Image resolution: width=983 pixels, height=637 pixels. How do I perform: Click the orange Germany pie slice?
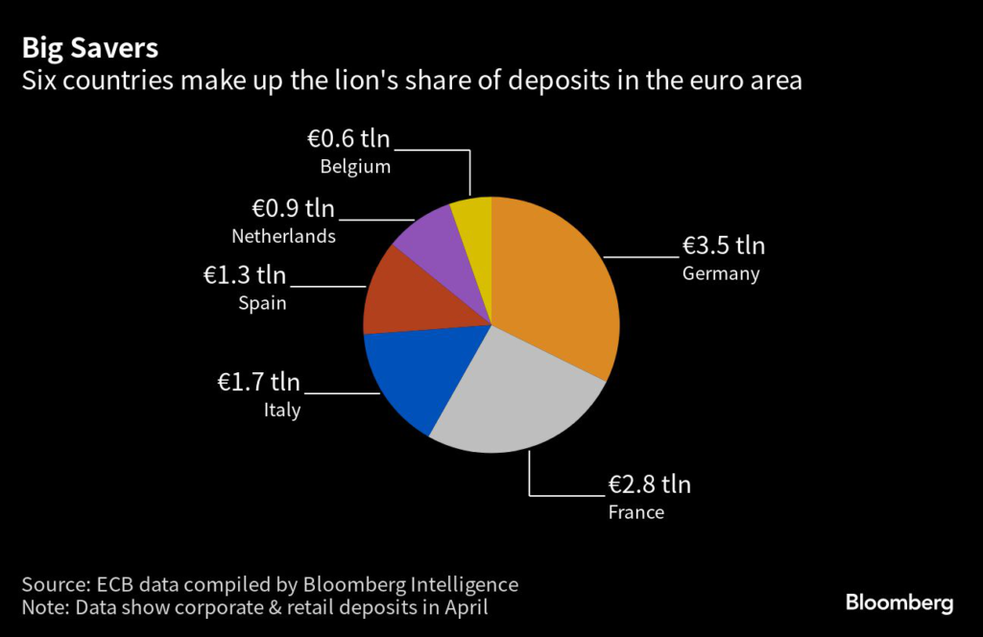tap(552, 278)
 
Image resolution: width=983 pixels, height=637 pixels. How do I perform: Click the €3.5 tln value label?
tap(724, 246)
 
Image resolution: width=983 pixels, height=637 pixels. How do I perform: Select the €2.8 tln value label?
tap(649, 483)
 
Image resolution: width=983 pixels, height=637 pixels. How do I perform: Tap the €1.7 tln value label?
tap(258, 383)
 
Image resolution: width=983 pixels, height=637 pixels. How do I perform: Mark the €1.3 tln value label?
tap(245, 275)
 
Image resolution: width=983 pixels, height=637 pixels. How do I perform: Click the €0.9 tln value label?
tap(294, 208)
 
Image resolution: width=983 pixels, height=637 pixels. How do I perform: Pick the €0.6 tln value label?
tap(348, 138)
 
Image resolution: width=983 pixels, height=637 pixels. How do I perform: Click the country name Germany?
tap(721, 274)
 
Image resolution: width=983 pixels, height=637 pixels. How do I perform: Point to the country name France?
tap(636, 512)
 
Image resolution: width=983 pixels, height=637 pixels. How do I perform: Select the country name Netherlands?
tap(284, 236)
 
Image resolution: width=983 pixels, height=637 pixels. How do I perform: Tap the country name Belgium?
tap(355, 167)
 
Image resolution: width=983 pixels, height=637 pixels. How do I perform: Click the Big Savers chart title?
tap(90, 47)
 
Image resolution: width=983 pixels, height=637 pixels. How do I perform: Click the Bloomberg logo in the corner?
tap(899, 603)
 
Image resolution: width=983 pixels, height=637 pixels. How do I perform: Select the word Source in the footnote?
tap(55, 584)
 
